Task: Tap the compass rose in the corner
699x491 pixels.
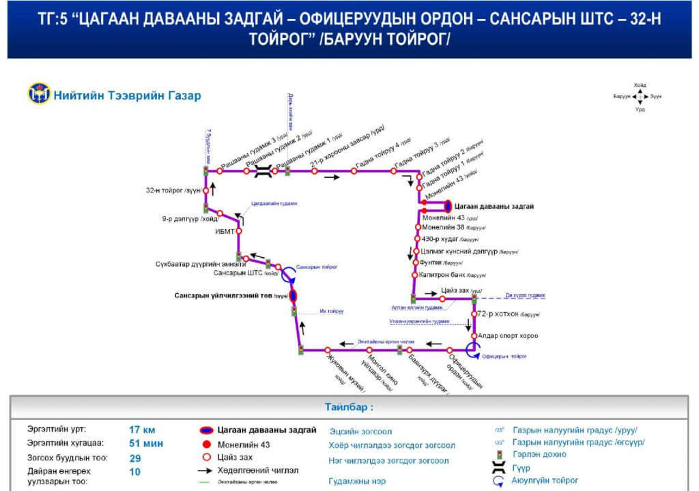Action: (x=640, y=96)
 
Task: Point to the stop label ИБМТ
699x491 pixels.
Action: (x=225, y=231)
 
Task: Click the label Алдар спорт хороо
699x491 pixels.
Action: (x=508, y=336)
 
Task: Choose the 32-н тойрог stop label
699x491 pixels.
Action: (x=173, y=191)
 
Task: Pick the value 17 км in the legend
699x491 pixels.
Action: (x=142, y=430)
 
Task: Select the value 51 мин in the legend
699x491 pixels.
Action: (x=144, y=444)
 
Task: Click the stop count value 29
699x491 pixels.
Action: (x=135, y=458)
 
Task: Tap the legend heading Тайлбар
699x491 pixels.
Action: (x=349, y=407)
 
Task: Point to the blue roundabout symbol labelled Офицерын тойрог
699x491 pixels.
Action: (x=471, y=350)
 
